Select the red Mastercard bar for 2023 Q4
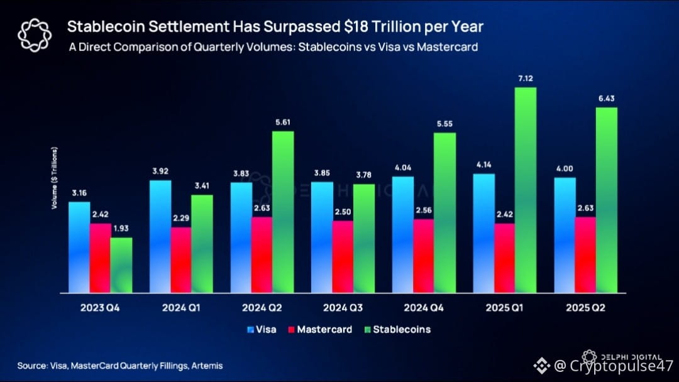tap(100, 258)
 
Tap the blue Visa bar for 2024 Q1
tap(160, 236)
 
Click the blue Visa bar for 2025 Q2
tap(565, 235)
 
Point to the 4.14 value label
tap(483, 165)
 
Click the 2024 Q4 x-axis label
tap(421, 308)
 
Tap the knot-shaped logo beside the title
tap(33, 35)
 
